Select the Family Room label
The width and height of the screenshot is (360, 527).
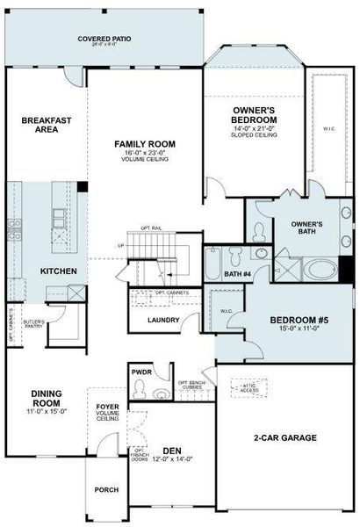(145, 143)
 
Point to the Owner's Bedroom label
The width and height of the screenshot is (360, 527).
(254, 113)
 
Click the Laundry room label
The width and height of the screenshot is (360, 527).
(163, 320)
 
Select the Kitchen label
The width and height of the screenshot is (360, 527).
(58, 271)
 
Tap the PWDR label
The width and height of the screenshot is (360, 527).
(142, 372)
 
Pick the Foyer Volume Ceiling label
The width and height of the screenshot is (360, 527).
(108, 412)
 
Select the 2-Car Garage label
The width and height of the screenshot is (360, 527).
(284, 437)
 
